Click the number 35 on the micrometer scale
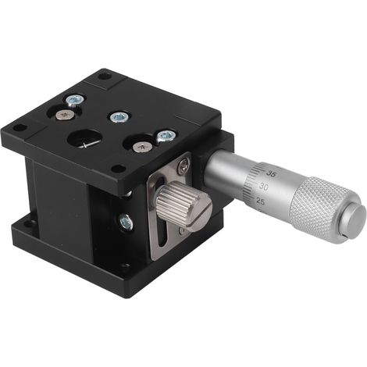[271, 174]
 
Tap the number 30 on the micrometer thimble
[264, 187]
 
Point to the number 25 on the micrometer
[261, 201]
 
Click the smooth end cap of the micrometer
[354, 221]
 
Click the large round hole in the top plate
[84, 138]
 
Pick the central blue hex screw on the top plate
[119, 117]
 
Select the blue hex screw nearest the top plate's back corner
[75, 100]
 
